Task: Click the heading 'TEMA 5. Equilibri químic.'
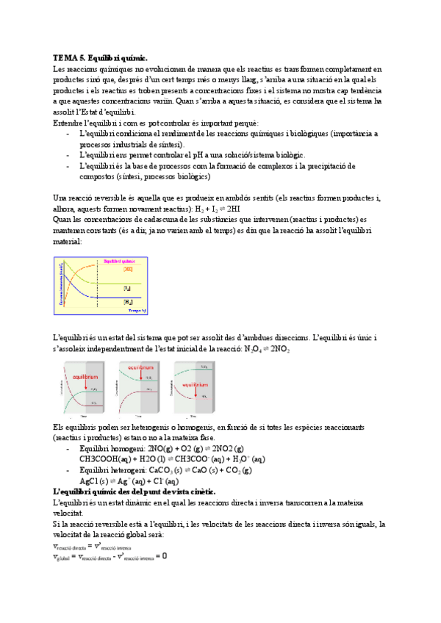(101, 57)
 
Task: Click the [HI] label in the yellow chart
(127, 270)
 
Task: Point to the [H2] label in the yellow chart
(128, 301)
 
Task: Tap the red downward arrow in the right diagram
(188, 389)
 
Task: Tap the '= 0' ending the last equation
(163, 556)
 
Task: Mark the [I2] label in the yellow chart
(128, 287)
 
